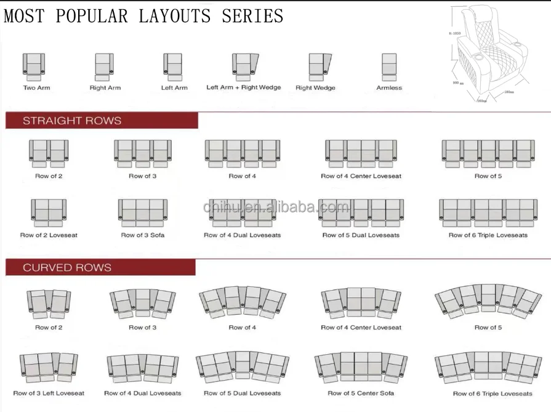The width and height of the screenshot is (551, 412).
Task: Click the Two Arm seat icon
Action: point(34,67)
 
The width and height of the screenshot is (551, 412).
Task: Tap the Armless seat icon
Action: point(388,67)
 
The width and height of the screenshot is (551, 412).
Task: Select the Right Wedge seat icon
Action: point(319,67)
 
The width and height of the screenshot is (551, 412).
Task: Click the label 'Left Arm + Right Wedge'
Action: point(243,87)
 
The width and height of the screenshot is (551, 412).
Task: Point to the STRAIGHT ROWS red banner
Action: point(102,121)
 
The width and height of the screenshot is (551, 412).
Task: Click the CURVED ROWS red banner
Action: point(100,268)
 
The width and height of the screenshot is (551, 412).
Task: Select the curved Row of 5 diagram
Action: point(488,301)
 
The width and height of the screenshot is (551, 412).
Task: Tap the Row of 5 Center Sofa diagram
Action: point(360,366)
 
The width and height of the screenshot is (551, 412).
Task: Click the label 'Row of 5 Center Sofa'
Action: point(360,393)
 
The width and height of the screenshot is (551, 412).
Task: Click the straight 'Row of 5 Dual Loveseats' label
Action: point(361,235)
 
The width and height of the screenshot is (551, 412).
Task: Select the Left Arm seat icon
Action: point(173,67)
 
